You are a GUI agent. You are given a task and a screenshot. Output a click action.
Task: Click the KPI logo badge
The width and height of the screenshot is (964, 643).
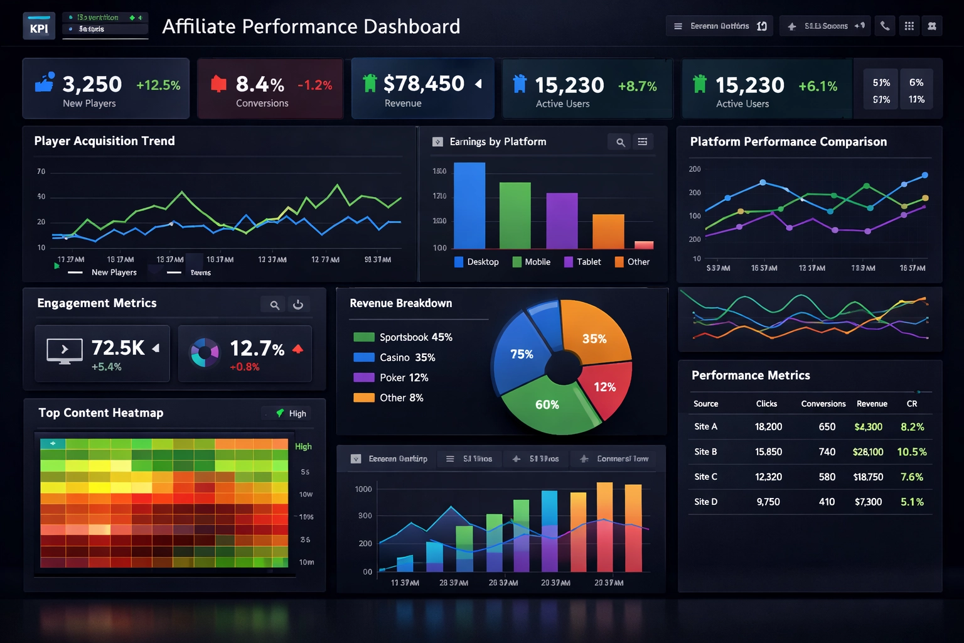[x=39, y=27]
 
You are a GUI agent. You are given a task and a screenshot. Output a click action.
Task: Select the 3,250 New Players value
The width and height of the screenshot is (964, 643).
[x=92, y=84]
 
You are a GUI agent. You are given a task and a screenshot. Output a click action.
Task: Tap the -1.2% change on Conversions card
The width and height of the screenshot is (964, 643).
[x=315, y=85]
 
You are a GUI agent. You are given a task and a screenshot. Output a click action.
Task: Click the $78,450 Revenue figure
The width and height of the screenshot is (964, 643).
[x=424, y=84]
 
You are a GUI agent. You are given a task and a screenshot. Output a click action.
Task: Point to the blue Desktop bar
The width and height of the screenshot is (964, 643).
[x=469, y=206]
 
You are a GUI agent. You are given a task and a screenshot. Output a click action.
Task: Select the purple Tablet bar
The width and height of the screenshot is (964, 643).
[x=562, y=221]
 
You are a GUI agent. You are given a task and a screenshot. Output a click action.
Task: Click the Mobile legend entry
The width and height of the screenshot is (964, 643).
[x=532, y=262]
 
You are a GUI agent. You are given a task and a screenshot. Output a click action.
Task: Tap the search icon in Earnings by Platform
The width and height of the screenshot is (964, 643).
[x=620, y=142]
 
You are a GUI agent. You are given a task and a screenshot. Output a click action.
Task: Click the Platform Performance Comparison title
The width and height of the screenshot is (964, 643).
[x=788, y=142]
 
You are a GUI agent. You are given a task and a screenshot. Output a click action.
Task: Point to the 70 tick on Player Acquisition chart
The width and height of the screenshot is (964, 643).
[x=41, y=171]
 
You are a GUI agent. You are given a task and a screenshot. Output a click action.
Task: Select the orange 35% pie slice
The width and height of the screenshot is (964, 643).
[x=595, y=333]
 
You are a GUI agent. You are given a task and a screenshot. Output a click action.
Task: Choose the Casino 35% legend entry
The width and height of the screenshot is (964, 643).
[x=395, y=357]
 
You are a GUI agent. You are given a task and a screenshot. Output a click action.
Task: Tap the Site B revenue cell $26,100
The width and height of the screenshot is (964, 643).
[x=868, y=452]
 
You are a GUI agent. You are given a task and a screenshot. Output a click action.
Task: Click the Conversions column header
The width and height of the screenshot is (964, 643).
[x=823, y=404]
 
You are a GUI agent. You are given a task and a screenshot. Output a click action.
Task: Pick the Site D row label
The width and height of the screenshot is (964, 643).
[x=705, y=502]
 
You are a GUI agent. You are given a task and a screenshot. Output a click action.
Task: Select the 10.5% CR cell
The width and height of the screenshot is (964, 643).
[x=912, y=452]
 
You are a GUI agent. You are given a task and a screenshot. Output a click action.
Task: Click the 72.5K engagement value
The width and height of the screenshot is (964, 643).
[x=118, y=348]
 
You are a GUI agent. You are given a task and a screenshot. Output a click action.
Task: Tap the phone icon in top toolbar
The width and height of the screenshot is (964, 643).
[x=885, y=26]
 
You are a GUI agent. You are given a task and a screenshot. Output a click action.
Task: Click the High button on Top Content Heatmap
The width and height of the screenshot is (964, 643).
[x=291, y=413]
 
